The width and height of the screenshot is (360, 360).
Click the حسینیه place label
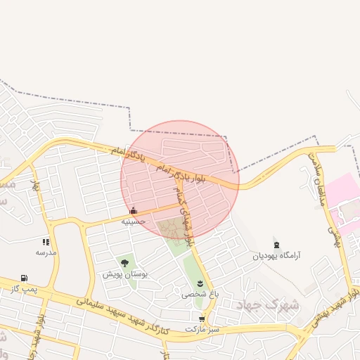click(x=134, y=221)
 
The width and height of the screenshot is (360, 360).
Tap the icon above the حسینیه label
click(x=134, y=210)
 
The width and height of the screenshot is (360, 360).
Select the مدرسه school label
click(x=46, y=252)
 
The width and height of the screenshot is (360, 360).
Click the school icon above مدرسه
click(x=46, y=242)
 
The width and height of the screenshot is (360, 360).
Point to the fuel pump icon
click(x=25, y=278)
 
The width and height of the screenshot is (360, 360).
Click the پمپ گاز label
click(x=25, y=288)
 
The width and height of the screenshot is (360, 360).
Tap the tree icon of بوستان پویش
click(x=124, y=263)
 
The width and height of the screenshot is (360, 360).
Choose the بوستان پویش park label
click(x=124, y=274)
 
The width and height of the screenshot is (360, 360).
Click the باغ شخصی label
click(x=200, y=294)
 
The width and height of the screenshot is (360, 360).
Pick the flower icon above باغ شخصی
click(x=200, y=283)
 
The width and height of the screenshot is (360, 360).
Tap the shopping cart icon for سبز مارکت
click(x=202, y=319)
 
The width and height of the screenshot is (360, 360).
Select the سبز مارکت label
click(x=202, y=328)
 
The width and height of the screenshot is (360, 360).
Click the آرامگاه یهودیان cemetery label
click(x=277, y=256)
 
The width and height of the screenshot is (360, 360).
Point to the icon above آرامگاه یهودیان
click(x=277, y=245)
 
